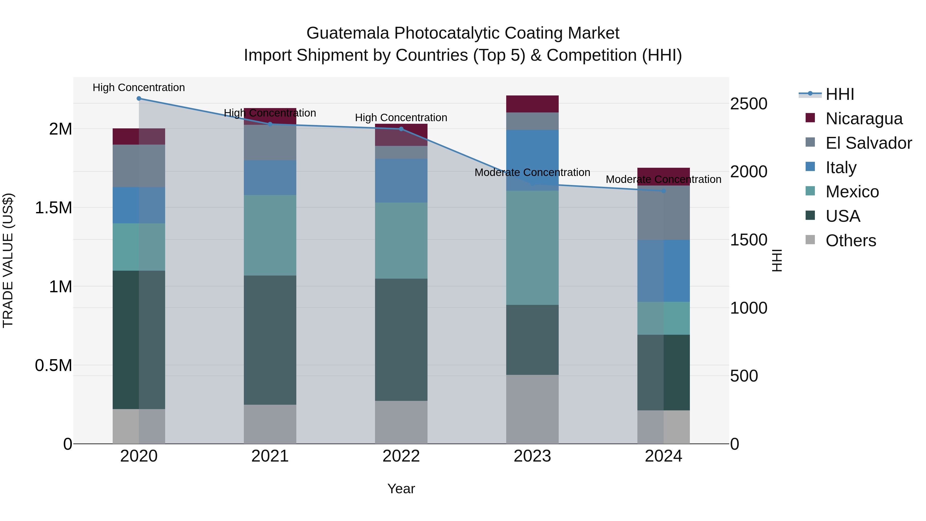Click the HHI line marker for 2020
click(x=139, y=99)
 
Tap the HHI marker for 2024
click(x=664, y=191)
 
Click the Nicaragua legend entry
click(x=864, y=119)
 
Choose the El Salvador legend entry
click(x=868, y=143)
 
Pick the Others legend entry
click(x=851, y=241)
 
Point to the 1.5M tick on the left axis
click(x=53, y=208)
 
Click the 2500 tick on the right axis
click(x=749, y=104)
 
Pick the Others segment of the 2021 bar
click(x=270, y=424)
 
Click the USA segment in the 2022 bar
click(x=401, y=340)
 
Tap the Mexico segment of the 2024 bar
click(x=664, y=318)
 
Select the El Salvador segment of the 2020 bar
click(x=139, y=166)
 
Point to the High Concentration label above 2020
click(x=139, y=88)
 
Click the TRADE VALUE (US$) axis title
click(x=8, y=261)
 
